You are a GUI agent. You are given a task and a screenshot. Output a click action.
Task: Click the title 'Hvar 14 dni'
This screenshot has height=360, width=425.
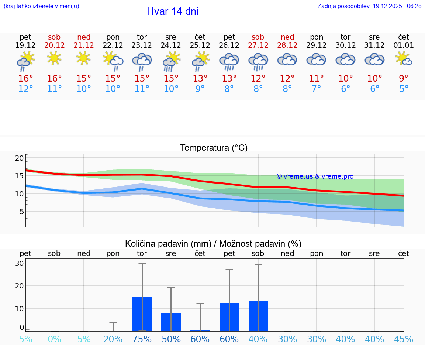[172, 11]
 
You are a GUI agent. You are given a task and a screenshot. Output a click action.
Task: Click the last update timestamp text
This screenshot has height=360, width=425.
[369, 6]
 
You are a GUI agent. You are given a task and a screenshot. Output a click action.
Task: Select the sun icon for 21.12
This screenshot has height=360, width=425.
[84, 58]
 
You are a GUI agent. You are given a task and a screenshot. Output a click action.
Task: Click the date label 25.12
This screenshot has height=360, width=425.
[200, 45]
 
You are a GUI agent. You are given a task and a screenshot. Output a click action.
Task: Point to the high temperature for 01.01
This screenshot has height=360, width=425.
[404, 78]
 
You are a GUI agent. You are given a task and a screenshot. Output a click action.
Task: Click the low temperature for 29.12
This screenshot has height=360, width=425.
[316, 89]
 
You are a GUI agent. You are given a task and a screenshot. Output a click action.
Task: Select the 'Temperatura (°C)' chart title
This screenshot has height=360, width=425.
[214, 148]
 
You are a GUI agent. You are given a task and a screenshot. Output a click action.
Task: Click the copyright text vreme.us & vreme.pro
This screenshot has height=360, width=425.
[315, 176]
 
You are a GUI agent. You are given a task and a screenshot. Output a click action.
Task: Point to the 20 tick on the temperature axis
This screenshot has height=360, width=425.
[20, 158]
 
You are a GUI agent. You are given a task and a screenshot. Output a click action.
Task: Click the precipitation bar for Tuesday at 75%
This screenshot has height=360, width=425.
[142, 314]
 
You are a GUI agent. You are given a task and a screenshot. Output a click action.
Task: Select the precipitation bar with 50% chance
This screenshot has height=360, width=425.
[171, 322]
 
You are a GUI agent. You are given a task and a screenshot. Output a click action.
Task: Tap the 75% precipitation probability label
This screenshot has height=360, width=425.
[142, 339]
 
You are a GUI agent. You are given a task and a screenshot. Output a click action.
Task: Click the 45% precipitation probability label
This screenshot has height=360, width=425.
[404, 339]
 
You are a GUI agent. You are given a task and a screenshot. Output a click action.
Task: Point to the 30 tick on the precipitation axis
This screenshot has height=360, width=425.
[20, 263]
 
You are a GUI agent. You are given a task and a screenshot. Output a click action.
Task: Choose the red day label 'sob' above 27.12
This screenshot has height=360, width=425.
[258, 37]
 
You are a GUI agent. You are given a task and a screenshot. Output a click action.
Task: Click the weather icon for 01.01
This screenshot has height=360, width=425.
[404, 58]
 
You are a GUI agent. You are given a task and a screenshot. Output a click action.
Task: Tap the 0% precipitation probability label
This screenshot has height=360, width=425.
[55, 339]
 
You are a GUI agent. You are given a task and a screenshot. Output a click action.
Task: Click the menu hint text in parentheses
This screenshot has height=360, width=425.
[41, 6]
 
